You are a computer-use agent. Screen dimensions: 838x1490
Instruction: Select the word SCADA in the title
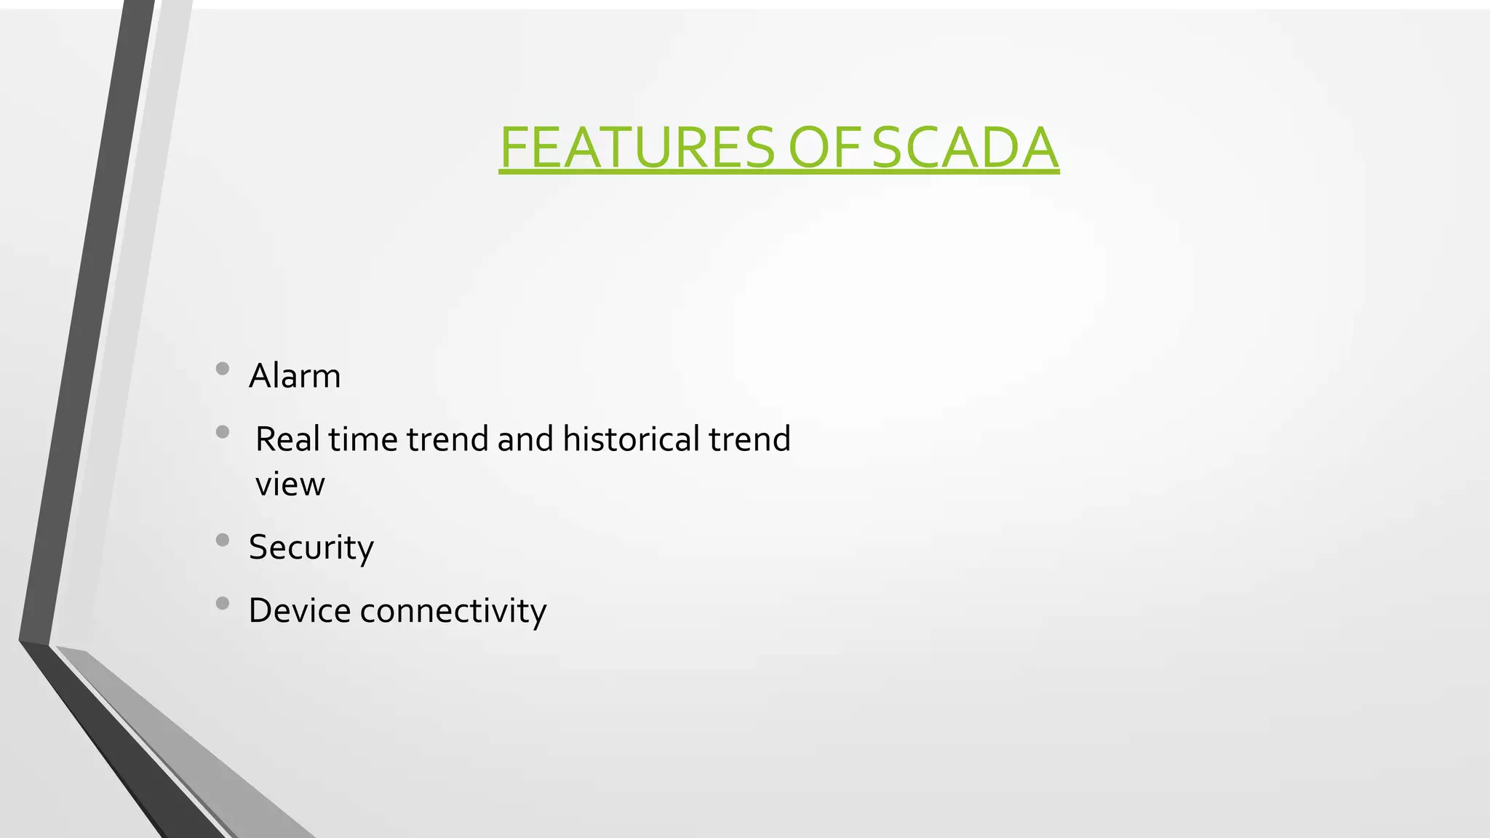(x=965, y=148)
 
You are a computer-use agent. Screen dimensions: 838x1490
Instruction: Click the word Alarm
(x=295, y=376)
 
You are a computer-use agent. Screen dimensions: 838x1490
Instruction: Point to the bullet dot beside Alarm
(x=223, y=369)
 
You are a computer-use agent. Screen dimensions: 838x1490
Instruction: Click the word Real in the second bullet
(x=287, y=439)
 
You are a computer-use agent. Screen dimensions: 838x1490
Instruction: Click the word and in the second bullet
(x=525, y=439)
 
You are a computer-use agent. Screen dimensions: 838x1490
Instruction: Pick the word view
(x=290, y=484)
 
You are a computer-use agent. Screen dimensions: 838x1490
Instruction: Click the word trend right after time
(x=447, y=439)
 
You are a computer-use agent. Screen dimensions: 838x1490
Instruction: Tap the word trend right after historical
(x=749, y=439)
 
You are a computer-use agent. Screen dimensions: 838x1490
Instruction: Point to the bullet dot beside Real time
(x=223, y=432)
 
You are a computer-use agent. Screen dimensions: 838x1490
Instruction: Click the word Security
(x=311, y=547)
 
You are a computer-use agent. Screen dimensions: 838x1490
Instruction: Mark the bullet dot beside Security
(x=223, y=540)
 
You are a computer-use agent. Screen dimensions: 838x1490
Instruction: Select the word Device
(x=300, y=610)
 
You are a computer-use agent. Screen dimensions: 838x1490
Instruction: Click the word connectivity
(x=453, y=610)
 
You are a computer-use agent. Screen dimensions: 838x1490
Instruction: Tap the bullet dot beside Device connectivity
(x=223, y=603)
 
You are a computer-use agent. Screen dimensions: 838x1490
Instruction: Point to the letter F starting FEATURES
(x=512, y=148)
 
